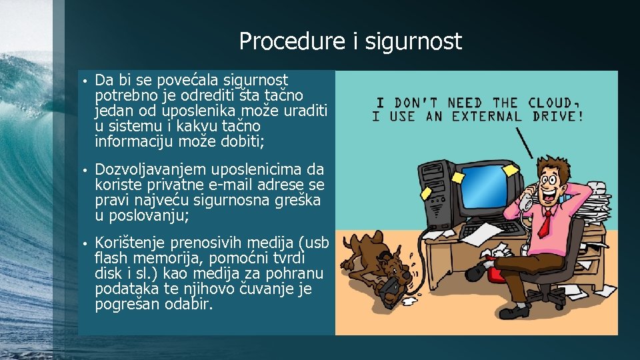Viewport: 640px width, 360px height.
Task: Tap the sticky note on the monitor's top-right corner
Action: pyautogui.click(x=510, y=170)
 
